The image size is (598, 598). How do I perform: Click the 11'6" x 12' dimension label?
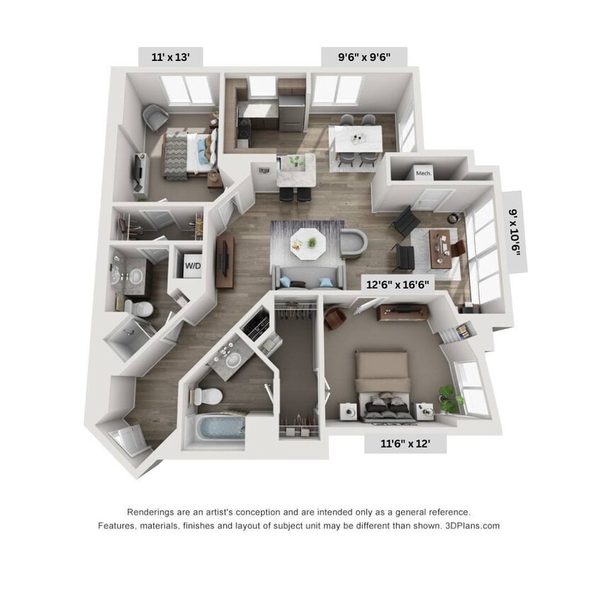point(405,444)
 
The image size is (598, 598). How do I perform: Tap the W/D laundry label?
point(192,266)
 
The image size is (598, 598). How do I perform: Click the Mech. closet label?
point(424,173)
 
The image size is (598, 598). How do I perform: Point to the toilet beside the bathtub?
point(213,396)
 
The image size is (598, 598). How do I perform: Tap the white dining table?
point(357,138)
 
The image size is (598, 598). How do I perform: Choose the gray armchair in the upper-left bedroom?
point(155,118)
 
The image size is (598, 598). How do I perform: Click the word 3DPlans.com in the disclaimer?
point(474,526)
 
